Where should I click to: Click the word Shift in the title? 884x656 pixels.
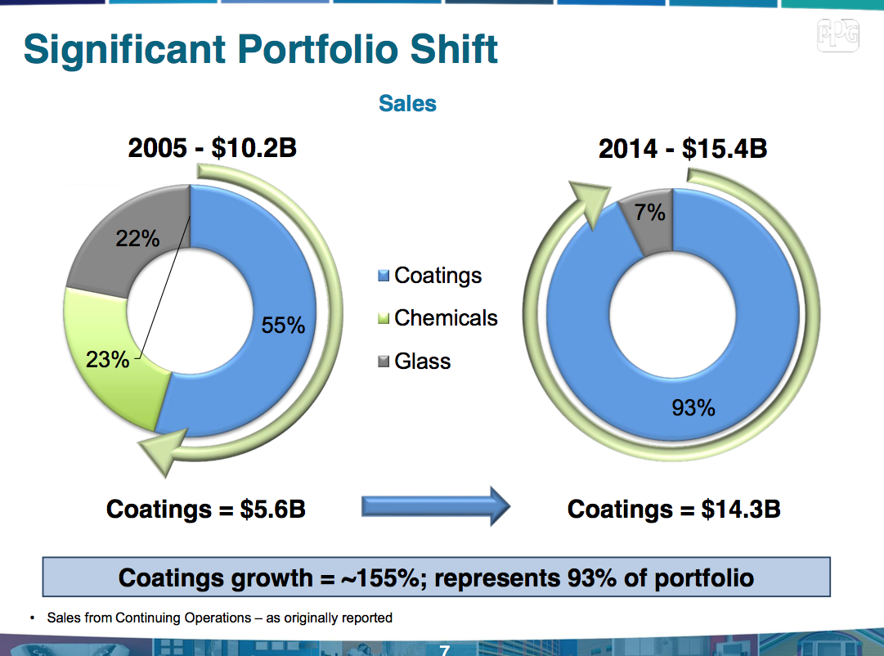pos(452,49)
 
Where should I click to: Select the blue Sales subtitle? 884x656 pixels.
pos(407,104)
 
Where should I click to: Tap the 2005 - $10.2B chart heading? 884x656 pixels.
pos(212,150)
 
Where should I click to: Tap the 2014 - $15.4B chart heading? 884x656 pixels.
pos(683,150)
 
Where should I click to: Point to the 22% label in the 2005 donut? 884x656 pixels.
pos(137,238)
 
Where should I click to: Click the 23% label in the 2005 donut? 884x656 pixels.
pos(108,358)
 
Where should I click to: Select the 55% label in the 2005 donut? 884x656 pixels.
pos(283,326)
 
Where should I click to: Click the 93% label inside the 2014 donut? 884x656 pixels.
pos(693,407)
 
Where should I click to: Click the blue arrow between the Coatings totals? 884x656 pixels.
pos(436,508)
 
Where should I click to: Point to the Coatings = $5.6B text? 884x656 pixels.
pos(206,509)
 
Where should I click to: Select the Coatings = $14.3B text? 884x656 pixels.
pos(674,509)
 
